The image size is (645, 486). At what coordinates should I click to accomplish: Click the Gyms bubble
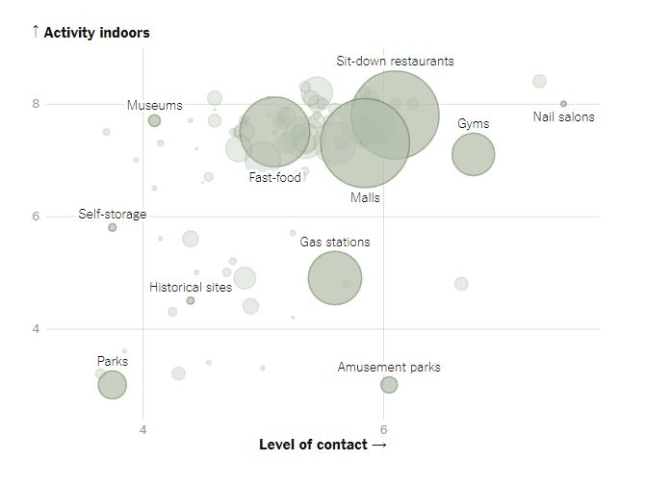coord(473,154)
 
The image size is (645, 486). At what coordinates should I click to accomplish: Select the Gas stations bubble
coord(335,279)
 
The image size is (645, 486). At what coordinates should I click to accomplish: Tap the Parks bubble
coord(113,385)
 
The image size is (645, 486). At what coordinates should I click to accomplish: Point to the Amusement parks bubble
coord(389,385)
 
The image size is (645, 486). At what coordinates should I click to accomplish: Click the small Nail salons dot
coord(563,103)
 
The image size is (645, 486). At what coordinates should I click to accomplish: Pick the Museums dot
coord(154,120)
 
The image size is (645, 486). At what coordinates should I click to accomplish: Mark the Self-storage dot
coord(113,227)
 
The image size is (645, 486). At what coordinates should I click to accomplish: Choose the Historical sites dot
coord(191,300)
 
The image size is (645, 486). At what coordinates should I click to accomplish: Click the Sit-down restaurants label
coord(395,61)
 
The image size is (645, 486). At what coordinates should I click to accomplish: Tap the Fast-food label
coord(275,177)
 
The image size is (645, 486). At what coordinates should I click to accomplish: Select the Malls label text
coord(365,197)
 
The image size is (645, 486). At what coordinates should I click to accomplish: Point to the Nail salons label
coord(564,117)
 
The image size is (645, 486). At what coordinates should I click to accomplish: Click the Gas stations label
coord(335,242)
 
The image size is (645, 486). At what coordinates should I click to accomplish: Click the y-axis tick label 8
coord(36,104)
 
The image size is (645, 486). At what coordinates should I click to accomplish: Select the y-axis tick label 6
coord(36,217)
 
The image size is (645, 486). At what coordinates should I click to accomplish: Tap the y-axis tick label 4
coord(36,329)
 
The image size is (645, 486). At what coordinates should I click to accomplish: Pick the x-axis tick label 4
coord(143,428)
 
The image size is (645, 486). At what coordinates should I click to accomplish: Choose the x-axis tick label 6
coord(383,428)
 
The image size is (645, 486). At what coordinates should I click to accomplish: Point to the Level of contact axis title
coord(322,445)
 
